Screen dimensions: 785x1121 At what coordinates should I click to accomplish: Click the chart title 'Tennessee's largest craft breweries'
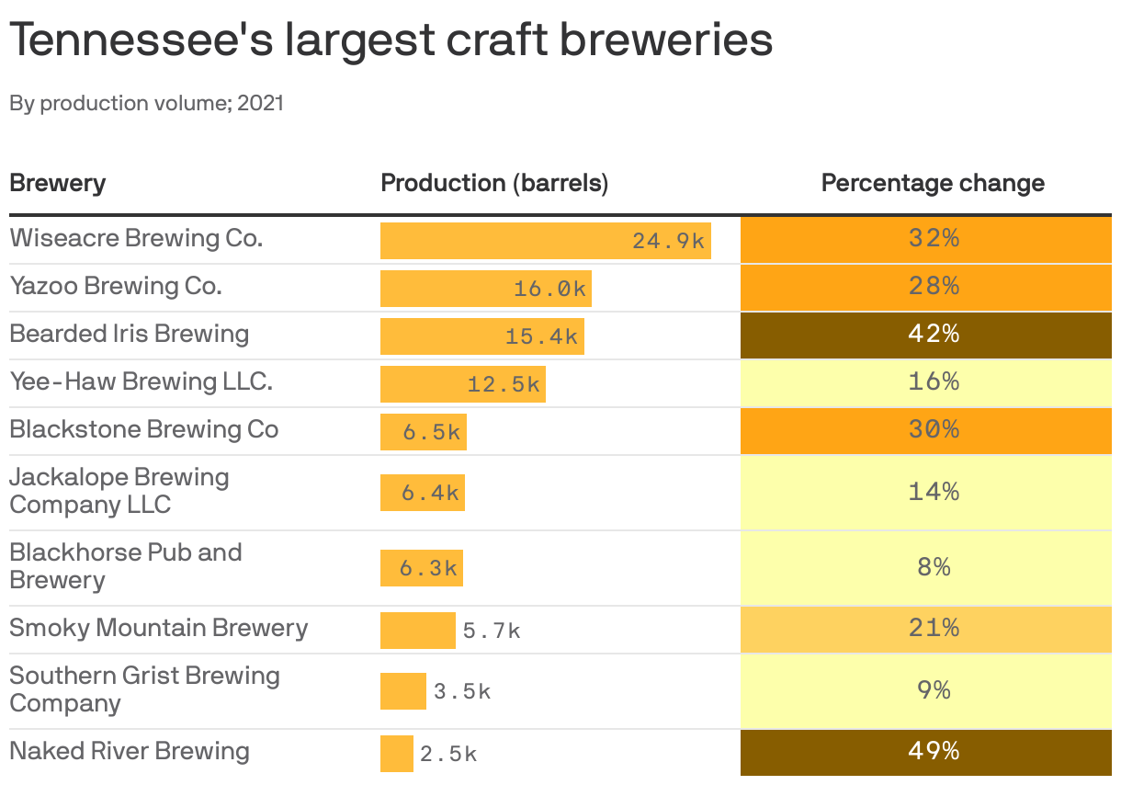coord(391,40)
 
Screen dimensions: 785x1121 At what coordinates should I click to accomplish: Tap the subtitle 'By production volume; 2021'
coord(146,103)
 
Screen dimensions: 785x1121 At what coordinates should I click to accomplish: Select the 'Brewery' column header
coord(57,183)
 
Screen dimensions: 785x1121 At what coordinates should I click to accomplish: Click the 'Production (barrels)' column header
coord(494,183)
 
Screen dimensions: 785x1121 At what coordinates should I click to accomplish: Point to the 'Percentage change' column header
coord(933,183)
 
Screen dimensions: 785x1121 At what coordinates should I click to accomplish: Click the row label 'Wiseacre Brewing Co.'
coord(136,238)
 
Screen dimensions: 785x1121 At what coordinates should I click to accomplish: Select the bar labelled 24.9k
coord(545,241)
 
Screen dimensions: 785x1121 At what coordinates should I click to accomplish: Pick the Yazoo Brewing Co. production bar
coord(485,289)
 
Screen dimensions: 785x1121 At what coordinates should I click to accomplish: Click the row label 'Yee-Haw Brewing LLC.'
coord(141,381)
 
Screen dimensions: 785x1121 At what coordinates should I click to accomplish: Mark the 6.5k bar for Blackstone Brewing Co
coord(423,432)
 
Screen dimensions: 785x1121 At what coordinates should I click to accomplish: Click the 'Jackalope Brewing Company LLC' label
coord(119,491)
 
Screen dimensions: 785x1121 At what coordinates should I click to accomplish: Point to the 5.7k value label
coord(492,631)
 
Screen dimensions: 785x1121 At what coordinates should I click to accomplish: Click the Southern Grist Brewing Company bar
coord(402,691)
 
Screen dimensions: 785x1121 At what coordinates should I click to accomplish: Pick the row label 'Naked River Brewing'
coord(130,751)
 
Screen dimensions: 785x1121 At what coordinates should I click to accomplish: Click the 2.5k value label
coord(448,755)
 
